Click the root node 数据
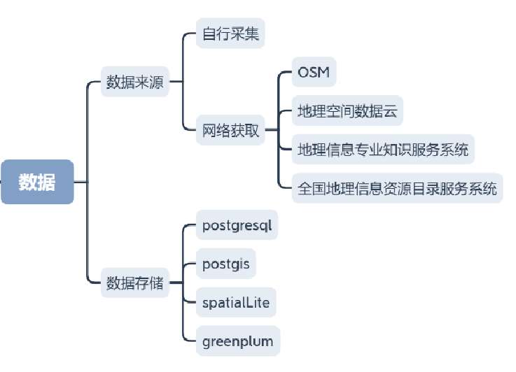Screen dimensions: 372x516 (x=37, y=182)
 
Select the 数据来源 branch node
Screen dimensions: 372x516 (x=134, y=82)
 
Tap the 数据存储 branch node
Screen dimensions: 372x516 (x=134, y=283)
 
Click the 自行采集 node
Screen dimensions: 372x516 (x=230, y=34)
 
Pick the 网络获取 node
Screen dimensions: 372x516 (x=230, y=130)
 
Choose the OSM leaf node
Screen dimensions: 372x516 (x=313, y=72)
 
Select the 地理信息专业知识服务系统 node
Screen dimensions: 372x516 (x=383, y=149)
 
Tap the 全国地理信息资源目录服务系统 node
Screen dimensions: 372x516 (x=397, y=188)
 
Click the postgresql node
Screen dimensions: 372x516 (x=236, y=225)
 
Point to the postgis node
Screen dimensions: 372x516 (x=225, y=264)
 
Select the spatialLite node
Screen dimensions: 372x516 (x=235, y=303)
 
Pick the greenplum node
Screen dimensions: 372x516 (x=237, y=342)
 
